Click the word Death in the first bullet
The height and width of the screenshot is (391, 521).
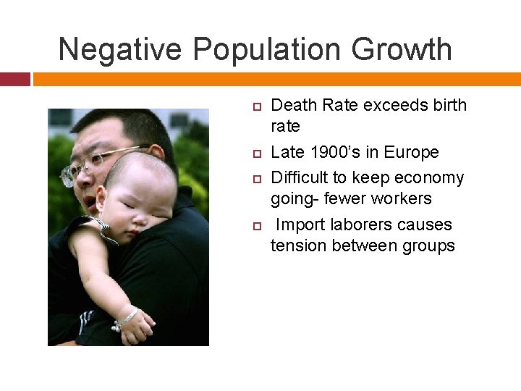tap(293, 106)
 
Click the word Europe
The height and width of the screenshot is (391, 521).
tap(412, 152)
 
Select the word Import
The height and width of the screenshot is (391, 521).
tap(302, 224)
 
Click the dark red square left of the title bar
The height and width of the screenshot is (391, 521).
tap(14, 79)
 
